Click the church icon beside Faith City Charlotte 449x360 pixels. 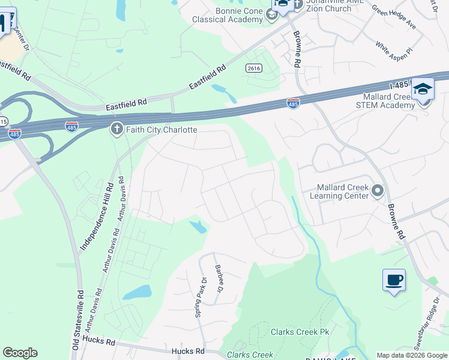[x=116, y=129]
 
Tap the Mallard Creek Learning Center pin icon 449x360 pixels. [x=378, y=191]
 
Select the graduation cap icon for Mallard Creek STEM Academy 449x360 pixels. [x=423, y=90]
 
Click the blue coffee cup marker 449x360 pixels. [x=394, y=280]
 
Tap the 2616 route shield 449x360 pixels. [x=253, y=69]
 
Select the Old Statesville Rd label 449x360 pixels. [x=77, y=320]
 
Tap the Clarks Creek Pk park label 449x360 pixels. [x=298, y=332]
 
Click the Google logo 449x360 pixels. [x=20, y=353]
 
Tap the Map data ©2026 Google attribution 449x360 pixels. [x=412, y=355]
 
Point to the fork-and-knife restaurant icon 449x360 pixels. [x=4, y=22]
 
